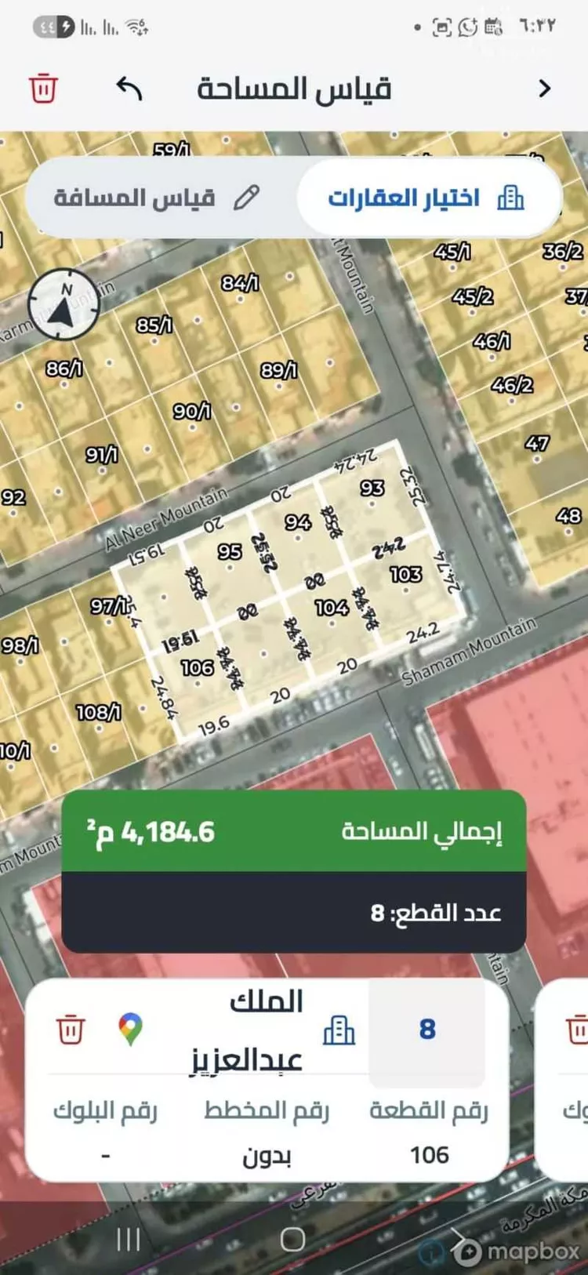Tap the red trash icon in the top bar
click(x=43, y=88)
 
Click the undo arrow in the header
click(x=129, y=88)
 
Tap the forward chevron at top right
click(x=545, y=89)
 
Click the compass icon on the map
click(x=64, y=304)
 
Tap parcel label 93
click(x=372, y=488)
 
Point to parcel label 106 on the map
click(x=197, y=667)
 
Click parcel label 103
click(x=405, y=574)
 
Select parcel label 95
click(x=229, y=551)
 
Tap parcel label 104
click(x=332, y=607)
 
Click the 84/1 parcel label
click(x=240, y=282)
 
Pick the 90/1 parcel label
click(x=192, y=411)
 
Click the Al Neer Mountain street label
click(x=166, y=518)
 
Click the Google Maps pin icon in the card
click(x=131, y=1029)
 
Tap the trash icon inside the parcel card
click(x=71, y=1029)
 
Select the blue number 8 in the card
click(x=427, y=1029)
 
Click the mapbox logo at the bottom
click(x=518, y=1251)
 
